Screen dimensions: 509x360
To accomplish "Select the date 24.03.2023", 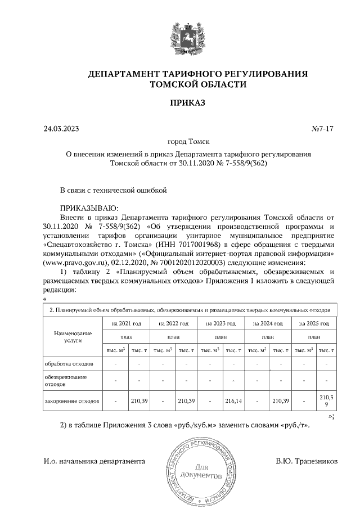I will pos(61,129).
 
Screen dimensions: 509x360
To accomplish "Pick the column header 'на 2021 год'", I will pos(126,324).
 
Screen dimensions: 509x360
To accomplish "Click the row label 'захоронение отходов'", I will pos(72,402).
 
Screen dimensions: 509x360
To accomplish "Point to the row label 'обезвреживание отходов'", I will pos(66,381).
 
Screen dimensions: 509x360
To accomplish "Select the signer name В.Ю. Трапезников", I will pos(307,461).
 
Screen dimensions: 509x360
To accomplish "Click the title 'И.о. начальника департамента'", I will pos(94,461).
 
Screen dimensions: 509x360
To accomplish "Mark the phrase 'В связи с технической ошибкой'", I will pos(114,190).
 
